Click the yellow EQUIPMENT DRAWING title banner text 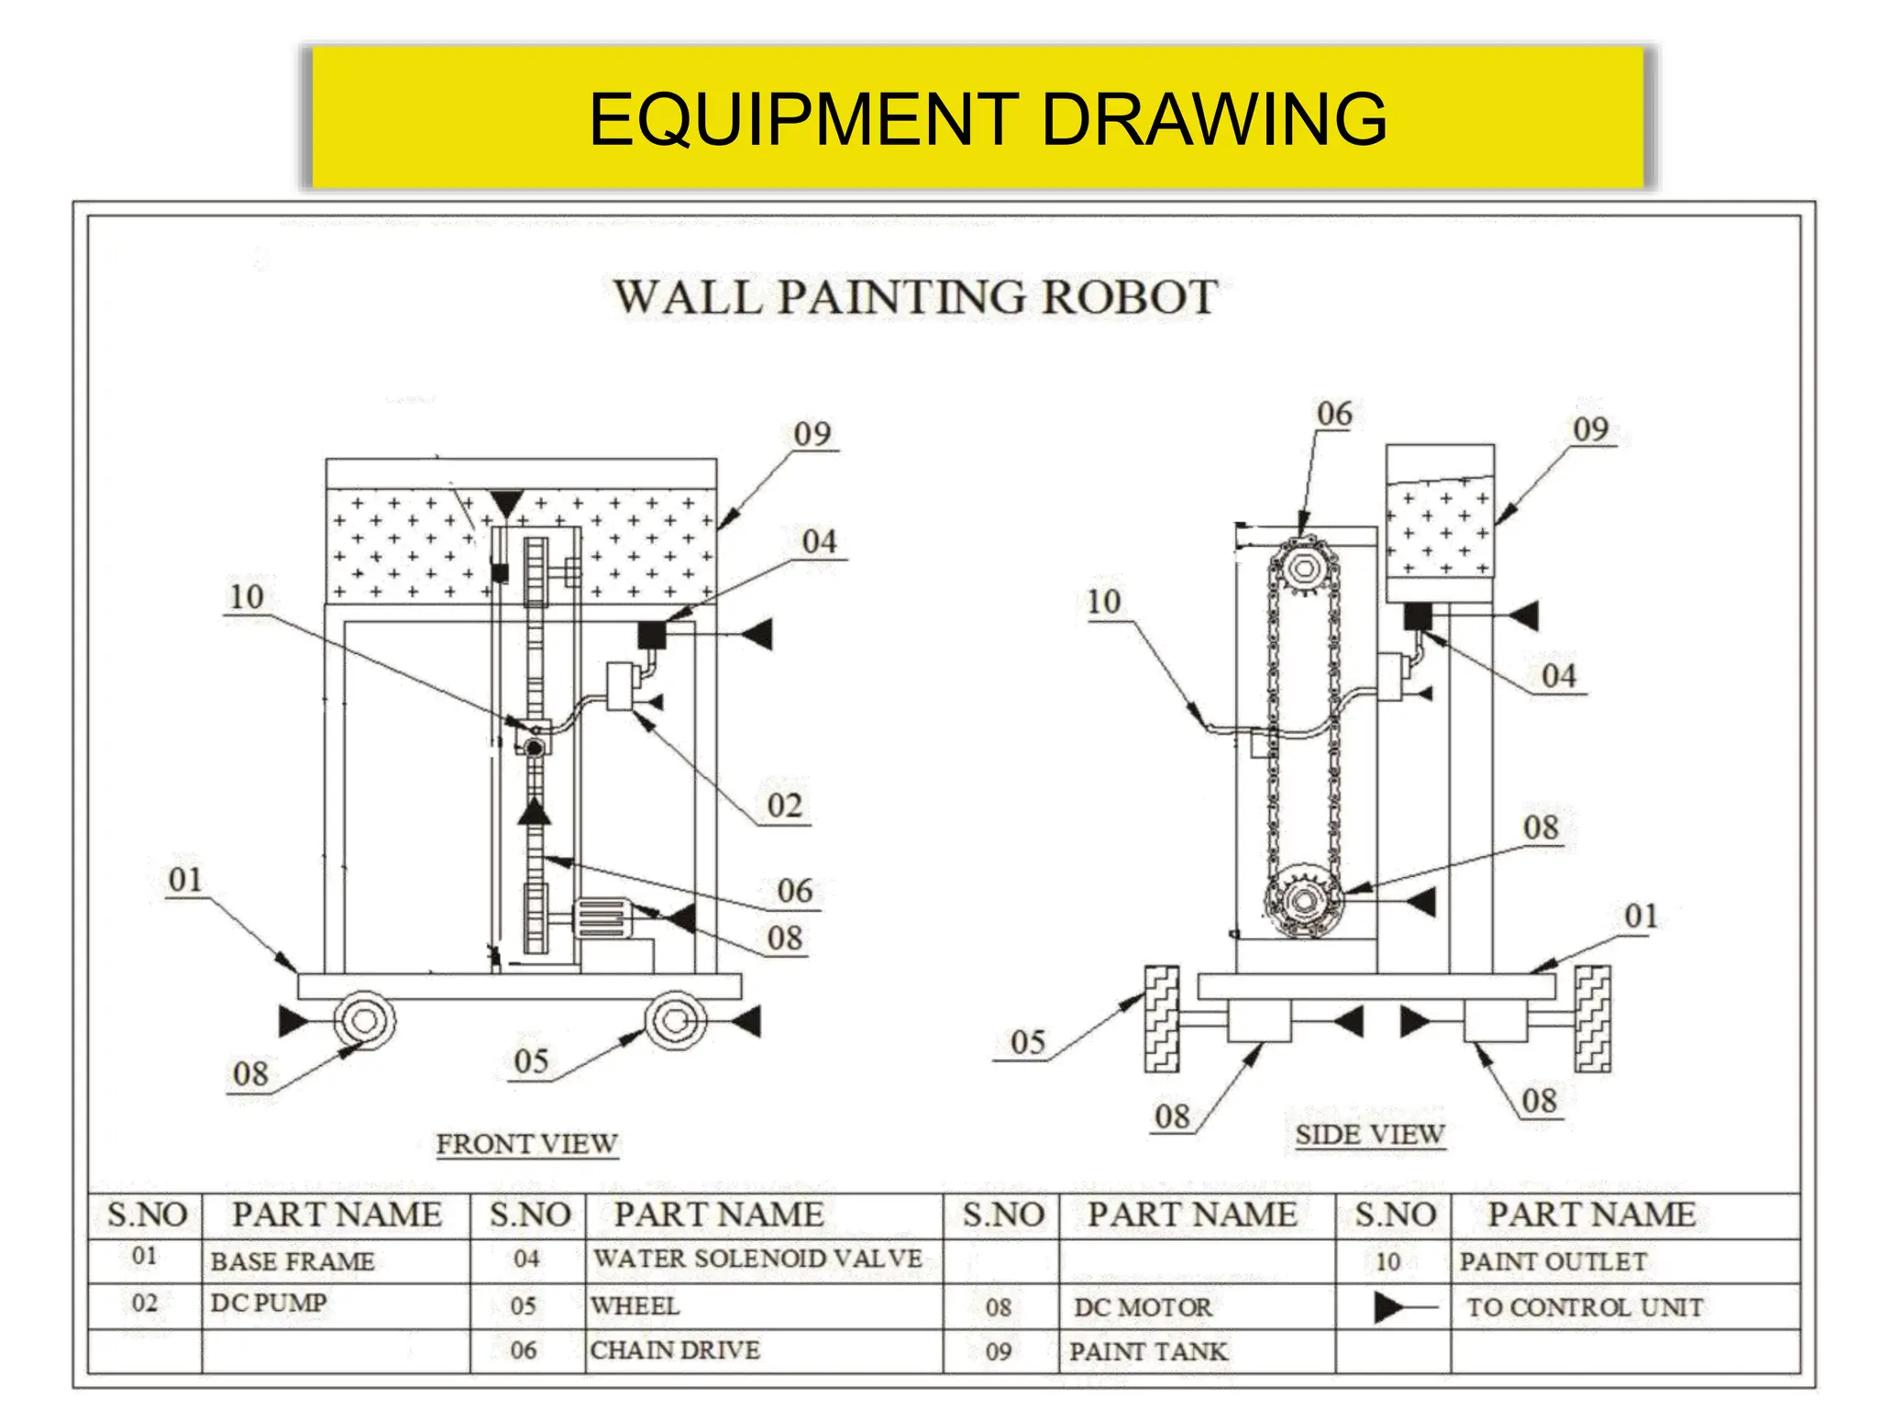coord(987,119)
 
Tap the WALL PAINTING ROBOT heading coord(915,298)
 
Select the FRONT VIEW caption coord(526,1144)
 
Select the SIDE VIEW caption coord(1370,1135)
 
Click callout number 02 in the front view coord(785,806)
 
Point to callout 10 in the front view coord(246,597)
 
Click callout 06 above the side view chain coord(1334,415)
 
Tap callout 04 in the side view coord(1558,676)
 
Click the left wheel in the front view coord(363,1020)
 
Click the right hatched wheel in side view coord(1592,1018)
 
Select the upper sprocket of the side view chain coord(1303,570)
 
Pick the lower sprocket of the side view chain coord(1303,901)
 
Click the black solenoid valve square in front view coord(651,635)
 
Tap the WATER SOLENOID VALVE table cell coord(757,1259)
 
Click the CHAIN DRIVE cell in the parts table coord(675,1350)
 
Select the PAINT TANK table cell coord(1147,1351)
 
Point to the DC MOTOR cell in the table coord(1143,1307)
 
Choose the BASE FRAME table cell coord(293,1261)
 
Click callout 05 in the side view coord(1027,1043)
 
